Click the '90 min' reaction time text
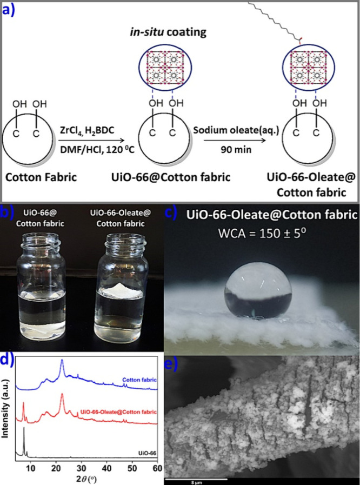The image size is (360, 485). click(x=231, y=150)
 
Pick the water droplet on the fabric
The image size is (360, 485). click(x=259, y=293)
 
